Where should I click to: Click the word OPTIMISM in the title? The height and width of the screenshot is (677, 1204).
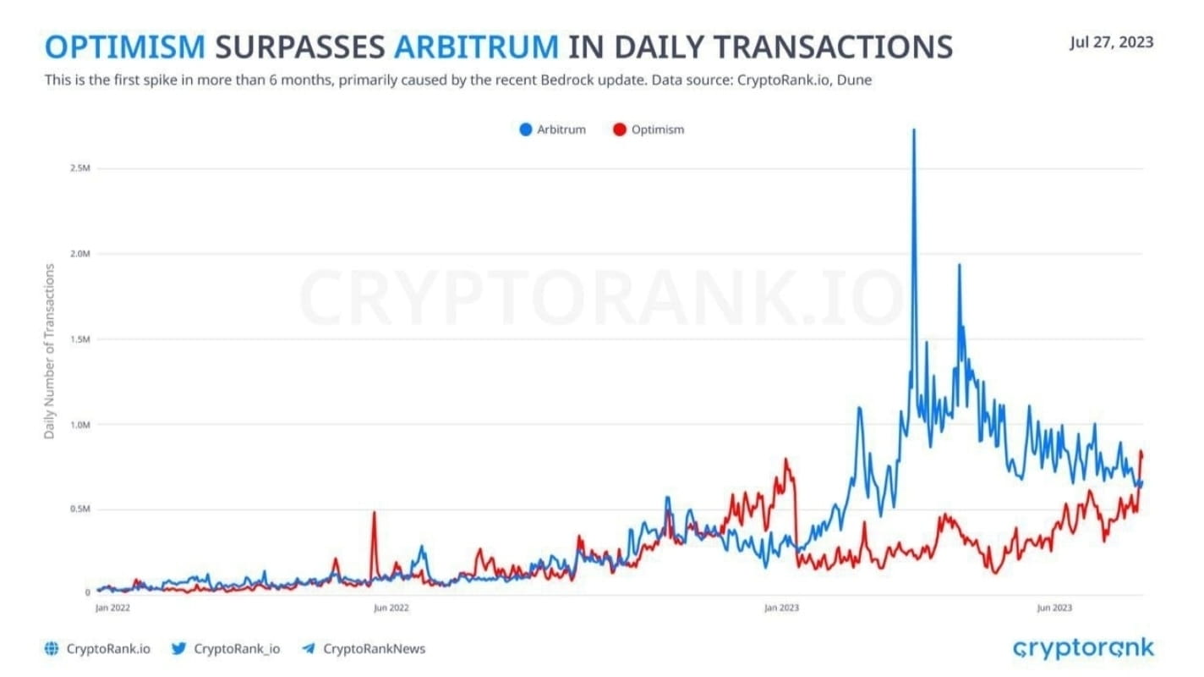click(x=125, y=47)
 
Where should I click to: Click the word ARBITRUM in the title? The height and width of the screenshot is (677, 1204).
click(x=476, y=47)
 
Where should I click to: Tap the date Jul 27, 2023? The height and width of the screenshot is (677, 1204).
click(x=1111, y=42)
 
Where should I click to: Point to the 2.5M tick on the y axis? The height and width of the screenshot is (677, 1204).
click(x=80, y=168)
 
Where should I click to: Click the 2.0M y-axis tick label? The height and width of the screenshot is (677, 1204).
click(x=80, y=254)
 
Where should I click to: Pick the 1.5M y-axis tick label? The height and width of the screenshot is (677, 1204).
click(x=80, y=339)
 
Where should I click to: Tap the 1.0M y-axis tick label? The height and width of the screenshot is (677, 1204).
click(x=80, y=425)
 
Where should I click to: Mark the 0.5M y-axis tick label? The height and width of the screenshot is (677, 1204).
click(x=80, y=509)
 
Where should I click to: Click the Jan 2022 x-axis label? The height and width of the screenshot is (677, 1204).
click(x=112, y=608)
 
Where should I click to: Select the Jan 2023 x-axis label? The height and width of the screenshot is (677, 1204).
click(x=781, y=608)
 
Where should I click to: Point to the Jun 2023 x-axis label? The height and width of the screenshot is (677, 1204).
click(x=1054, y=608)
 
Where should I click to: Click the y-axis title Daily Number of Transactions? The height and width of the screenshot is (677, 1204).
click(x=50, y=351)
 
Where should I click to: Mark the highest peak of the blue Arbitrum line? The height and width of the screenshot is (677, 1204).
click(x=913, y=131)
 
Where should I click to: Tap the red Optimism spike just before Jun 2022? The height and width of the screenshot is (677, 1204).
click(x=374, y=513)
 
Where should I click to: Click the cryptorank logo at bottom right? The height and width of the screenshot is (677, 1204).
click(x=1083, y=649)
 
